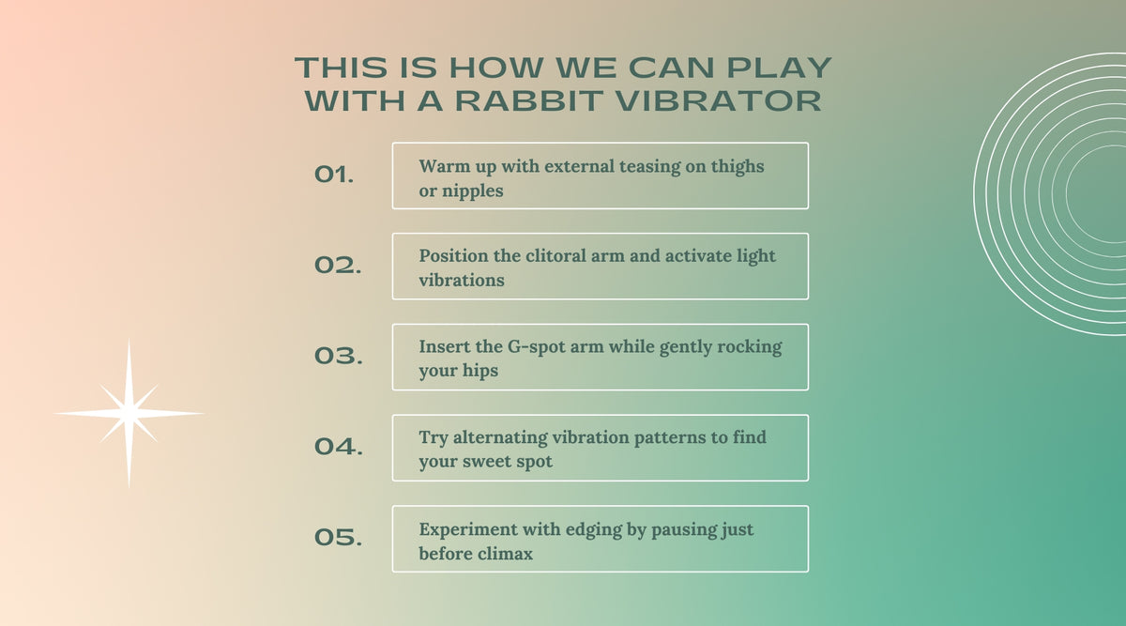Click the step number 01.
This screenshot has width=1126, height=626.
tap(334, 175)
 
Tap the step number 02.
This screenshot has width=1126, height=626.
tap(338, 265)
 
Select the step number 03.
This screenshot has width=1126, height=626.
tap(339, 356)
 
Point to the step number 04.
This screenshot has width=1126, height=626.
tap(339, 447)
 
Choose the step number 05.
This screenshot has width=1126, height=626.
tap(339, 537)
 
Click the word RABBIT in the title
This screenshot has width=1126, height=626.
tap(529, 100)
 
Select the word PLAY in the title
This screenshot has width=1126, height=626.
tap(779, 68)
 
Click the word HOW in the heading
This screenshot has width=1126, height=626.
tap(496, 68)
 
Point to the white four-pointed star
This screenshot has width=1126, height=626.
tap(129, 413)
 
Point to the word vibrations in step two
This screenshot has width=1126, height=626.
tap(462, 280)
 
